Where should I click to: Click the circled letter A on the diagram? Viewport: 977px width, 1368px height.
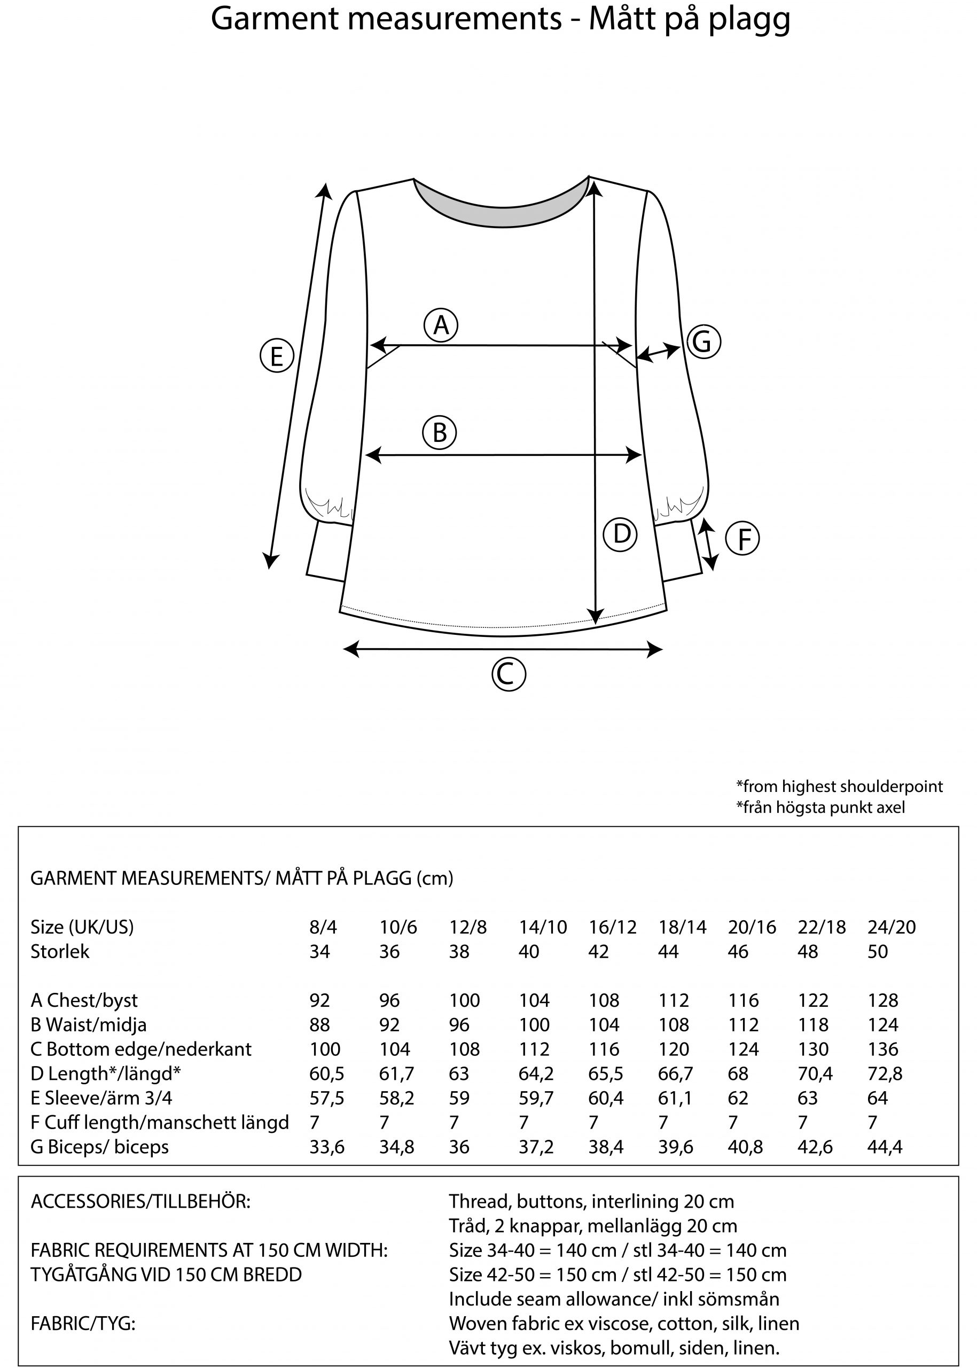[441, 325]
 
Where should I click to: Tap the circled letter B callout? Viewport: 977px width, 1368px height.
[440, 433]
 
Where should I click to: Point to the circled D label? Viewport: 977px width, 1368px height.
[620, 534]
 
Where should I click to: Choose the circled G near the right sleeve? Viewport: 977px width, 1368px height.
[702, 342]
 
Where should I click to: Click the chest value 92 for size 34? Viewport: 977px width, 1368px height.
[319, 1000]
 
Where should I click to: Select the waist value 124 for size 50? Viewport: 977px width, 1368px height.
[882, 1025]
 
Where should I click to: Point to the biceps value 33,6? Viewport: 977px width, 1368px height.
[327, 1147]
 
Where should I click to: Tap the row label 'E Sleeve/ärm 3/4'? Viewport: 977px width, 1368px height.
[101, 1098]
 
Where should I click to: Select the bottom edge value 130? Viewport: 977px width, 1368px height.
[813, 1050]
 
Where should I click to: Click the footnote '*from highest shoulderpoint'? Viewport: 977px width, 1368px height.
[839, 786]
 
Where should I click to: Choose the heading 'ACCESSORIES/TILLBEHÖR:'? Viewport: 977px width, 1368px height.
[140, 1201]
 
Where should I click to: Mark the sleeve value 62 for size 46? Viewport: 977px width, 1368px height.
[738, 1098]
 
